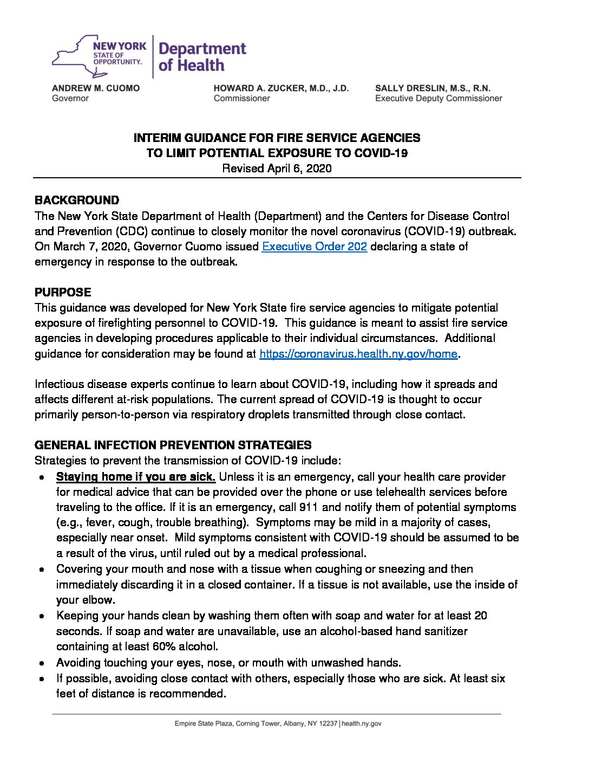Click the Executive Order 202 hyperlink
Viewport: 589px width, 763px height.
(314, 247)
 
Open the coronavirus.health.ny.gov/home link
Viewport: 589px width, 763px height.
(358, 354)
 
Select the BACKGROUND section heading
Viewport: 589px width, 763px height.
(77, 201)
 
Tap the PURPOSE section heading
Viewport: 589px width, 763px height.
(63, 293)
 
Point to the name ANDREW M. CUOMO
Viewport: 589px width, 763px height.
(96, 88)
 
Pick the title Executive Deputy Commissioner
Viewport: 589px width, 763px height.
(439, 99)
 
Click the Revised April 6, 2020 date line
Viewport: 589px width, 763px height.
(277, 169)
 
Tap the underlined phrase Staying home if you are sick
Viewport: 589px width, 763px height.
(136, 477)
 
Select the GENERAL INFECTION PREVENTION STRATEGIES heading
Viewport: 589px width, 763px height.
(173, 445)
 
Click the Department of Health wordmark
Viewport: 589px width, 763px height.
(202, 57)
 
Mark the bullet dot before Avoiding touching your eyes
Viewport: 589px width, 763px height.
(42, 663)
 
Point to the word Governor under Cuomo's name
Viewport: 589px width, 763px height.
(70, 99)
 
